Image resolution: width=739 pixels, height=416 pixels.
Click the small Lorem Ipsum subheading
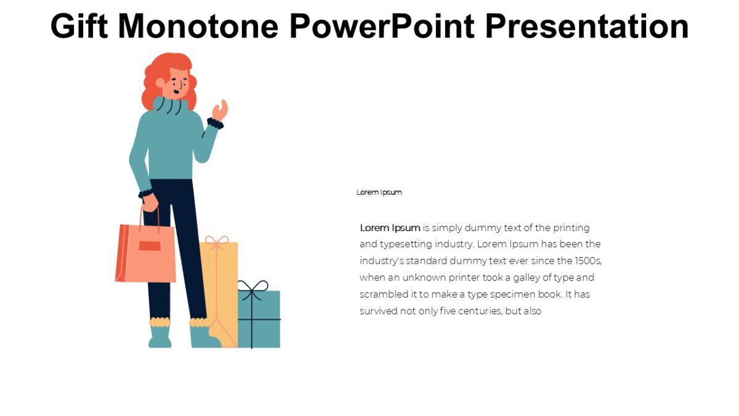point(379,192)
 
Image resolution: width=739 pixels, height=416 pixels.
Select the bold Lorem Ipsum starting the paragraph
point(390,228)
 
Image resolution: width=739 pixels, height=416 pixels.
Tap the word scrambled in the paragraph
point(381,295)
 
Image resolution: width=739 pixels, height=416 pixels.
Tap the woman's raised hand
point(220,110)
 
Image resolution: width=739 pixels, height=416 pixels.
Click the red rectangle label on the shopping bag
point(150,246)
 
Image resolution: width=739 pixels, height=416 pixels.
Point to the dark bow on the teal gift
point(252,287)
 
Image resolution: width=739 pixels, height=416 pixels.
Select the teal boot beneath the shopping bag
point(160,336)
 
